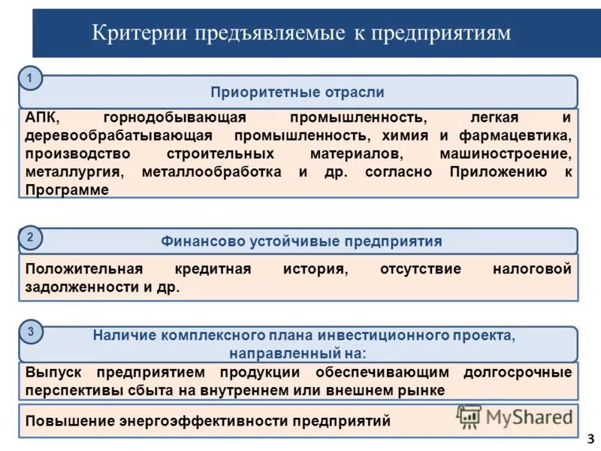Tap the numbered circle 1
pos(30,78)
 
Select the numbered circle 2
pos(30,238)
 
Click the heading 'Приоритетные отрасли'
pos(297,92)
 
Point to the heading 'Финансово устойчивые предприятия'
pos(301,241)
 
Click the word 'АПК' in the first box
pos(41,119)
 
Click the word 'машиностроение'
pos(516,154)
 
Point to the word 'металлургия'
pos(73,172)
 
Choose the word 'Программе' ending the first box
pos(67,190)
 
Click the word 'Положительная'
pos(84,269)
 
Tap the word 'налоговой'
pos(533,269)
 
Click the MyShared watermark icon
pos(469,416)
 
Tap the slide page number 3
pos(590,438)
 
